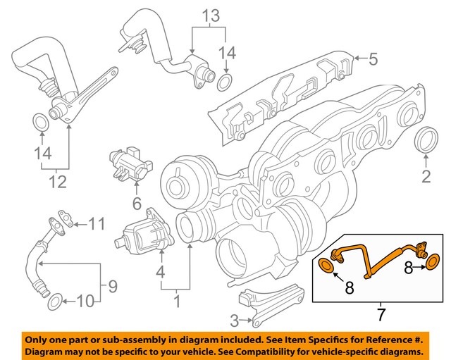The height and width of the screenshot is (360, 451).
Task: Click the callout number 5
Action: coord(374,58)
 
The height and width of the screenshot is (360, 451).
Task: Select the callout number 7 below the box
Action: coord(380,311)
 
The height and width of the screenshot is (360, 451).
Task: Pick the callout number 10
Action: coord(84,302)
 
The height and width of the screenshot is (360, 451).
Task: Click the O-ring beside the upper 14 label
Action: coord(224,83)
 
